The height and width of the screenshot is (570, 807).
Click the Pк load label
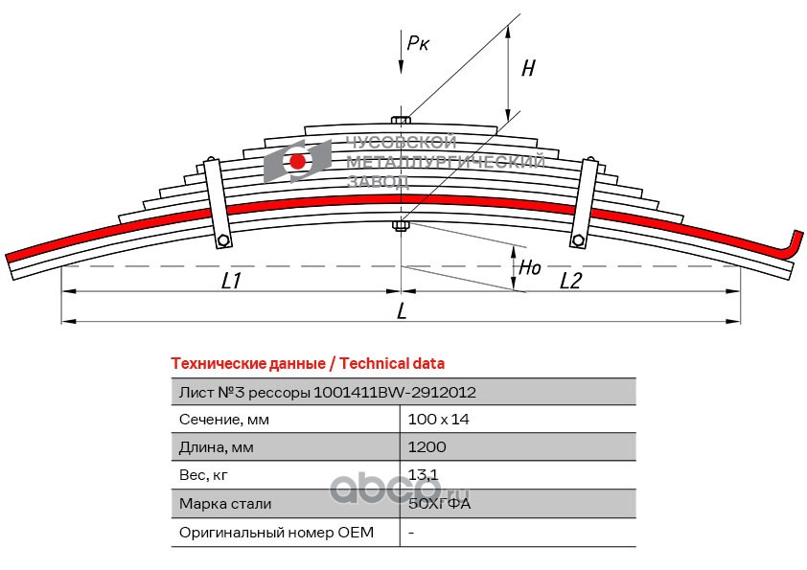click(418, 42)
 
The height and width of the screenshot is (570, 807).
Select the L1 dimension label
click(231, 282)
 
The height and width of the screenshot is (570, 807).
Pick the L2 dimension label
click(570, 281)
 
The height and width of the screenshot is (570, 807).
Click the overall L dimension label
click(402, 310)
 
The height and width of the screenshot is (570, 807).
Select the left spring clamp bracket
click(217, 207)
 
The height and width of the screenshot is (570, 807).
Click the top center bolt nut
click(402, 120)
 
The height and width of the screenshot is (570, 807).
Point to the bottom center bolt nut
click(402, 226)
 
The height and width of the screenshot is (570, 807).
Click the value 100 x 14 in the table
click(438, 420)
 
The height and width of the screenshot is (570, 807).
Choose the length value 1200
click(427, 447)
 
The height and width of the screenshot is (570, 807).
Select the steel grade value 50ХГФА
click(439, 503)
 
